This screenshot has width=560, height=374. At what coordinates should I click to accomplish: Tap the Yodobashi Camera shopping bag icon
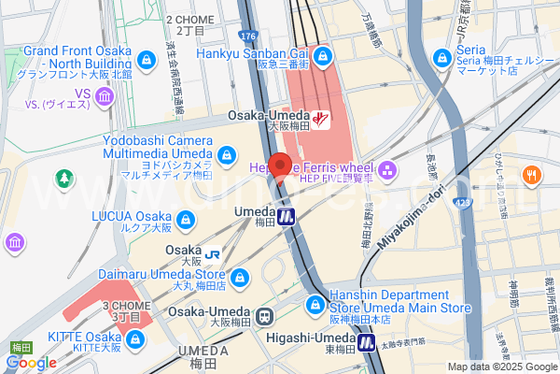coord(227,153)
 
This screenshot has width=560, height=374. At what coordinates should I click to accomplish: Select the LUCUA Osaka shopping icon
coord(187,219)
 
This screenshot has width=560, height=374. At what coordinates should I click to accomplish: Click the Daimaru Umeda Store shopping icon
coord(242,276)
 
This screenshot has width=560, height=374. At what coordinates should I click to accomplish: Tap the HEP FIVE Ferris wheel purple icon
coord(388,169)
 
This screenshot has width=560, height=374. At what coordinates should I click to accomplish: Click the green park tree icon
coord(63,177)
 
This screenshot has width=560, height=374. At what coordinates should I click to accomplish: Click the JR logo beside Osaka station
coord(213,252)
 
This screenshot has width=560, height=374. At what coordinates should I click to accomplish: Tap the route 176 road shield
coord(246,36)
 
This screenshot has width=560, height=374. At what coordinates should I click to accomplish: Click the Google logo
coord(30,363)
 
